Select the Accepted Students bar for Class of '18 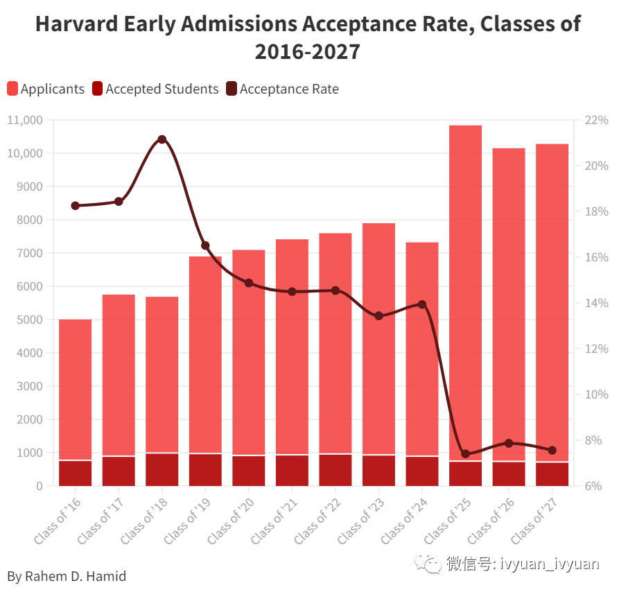tap(162, 469)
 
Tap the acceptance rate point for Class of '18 tap(162, 139)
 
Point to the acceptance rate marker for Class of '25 tap(466, 454)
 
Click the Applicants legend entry tap(46, 89)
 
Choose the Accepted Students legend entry tap(155, 89)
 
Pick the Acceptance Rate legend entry tap(282, 89)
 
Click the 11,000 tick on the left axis tap(25, 120)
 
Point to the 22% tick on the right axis tap(595, 120)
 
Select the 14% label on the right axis tap(595, 303)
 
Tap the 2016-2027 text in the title tap(308, 51)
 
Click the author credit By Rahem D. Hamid tap(67, 576)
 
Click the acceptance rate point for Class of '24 tap(422, 304)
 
